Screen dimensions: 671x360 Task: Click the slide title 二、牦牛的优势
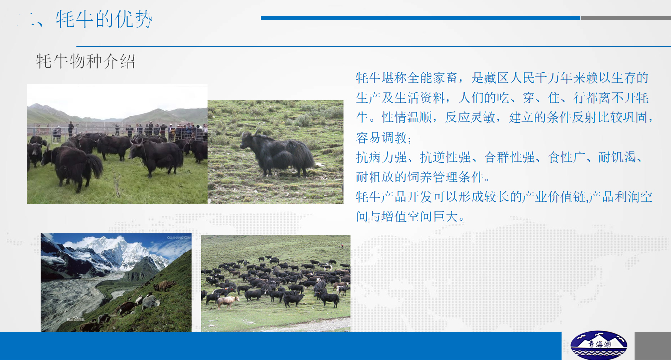[85, 19]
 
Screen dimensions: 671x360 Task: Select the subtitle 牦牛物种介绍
[86, 62]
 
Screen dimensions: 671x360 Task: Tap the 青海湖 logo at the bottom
[598, 345]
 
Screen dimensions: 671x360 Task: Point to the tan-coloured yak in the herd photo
[228, 301]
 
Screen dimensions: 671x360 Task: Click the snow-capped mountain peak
[120, 249]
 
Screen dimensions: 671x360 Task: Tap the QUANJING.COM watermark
[179, 238]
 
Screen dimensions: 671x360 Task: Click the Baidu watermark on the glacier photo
[75, 319]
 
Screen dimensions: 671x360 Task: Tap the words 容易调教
[381, 138]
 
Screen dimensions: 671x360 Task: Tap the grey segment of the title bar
[626, 18]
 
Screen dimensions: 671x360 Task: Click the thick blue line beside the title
[420, 18]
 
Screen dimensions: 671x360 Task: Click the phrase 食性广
[566, 157]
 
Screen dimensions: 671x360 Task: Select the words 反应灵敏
[470, 118]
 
